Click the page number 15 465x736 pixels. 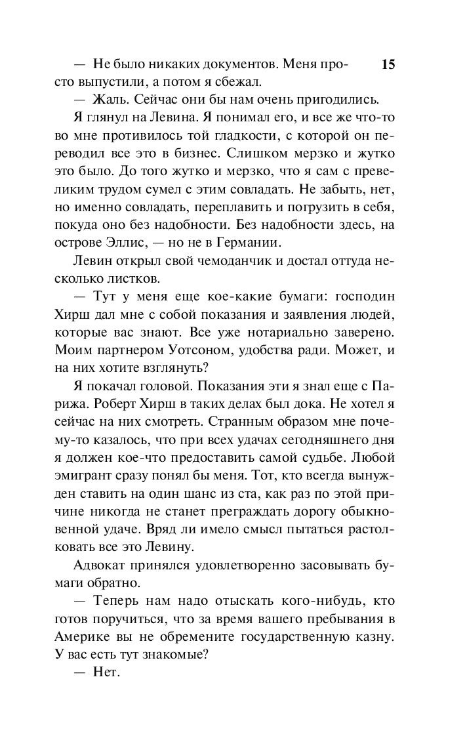388,64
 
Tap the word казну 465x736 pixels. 375,636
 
